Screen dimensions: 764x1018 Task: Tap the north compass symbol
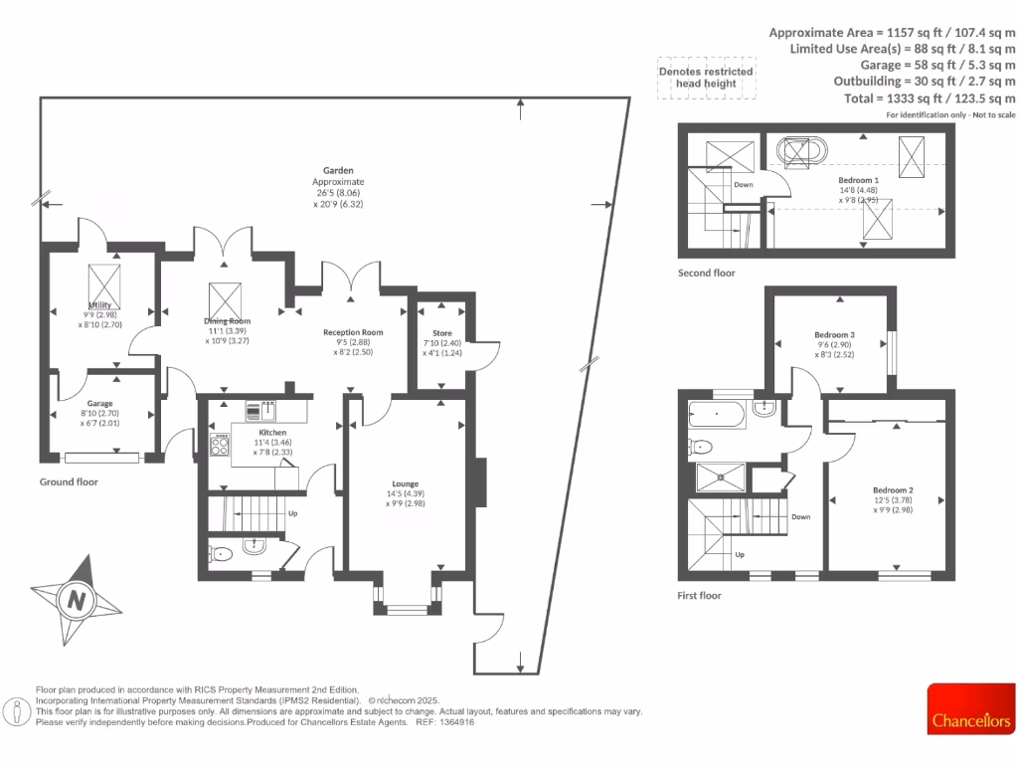click(x=75, y=600)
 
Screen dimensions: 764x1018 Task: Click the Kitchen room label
click(x=272, y=434)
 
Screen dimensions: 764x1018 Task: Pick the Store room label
click(x=442, y=333)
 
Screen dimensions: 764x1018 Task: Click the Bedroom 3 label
click(x=834, y=335)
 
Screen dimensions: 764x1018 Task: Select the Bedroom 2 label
click(x=892, y=490)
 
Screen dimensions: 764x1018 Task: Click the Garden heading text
click(x=338, y=171)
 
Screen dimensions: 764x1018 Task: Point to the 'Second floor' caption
click(x=706, y=273)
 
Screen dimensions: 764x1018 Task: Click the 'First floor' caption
click(x=699, y=596)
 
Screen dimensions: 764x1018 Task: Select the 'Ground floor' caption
click(x=69, y=481)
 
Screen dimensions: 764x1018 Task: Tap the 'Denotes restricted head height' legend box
click(x=706, y=78)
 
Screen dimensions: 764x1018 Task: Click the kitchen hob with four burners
click(x=220, y=446)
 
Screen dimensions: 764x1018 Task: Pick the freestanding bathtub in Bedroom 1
click(x=801, y=151)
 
